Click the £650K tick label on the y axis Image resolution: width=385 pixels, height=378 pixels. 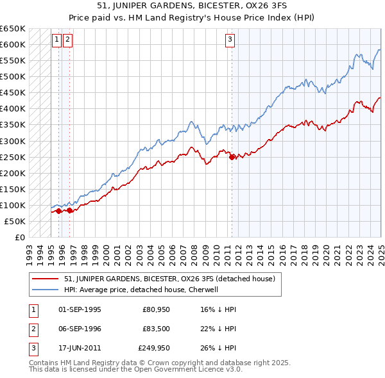pos(13,29)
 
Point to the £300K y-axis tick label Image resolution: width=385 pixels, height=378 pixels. pos(13,141)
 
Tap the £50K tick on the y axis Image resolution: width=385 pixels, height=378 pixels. pos(15,221)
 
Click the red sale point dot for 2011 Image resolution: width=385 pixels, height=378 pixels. pos(232,157)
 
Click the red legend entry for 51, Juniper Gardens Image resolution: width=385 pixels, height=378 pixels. pos(169,279)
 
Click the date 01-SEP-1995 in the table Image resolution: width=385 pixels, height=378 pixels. pos(80,309)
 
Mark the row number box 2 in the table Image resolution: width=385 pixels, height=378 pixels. pos(31,329)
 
